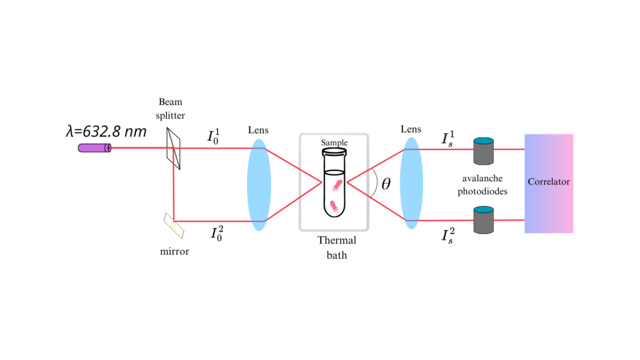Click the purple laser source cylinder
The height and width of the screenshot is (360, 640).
click(x=94, y=148)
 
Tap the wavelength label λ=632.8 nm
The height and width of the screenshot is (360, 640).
click(x=106, y=131)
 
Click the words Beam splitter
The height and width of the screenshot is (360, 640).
click(x=171, y=109)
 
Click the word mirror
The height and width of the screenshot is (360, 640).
click(x=174, y=252)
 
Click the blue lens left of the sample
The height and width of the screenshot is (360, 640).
click(x=259, y=185)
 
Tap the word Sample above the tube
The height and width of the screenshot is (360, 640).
click(x=334, y=142)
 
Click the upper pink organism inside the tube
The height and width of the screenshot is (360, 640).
click(x=336, y=184)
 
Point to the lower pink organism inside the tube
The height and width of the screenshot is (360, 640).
click(x=334, y=206)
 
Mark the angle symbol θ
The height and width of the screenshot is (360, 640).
click(x=386, y=184)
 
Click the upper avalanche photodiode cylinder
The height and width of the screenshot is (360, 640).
click(x=484, y=150)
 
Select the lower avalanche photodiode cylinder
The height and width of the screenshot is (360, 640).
click(x=484, y=219)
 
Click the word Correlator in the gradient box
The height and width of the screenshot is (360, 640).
click(x=549, y=182)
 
